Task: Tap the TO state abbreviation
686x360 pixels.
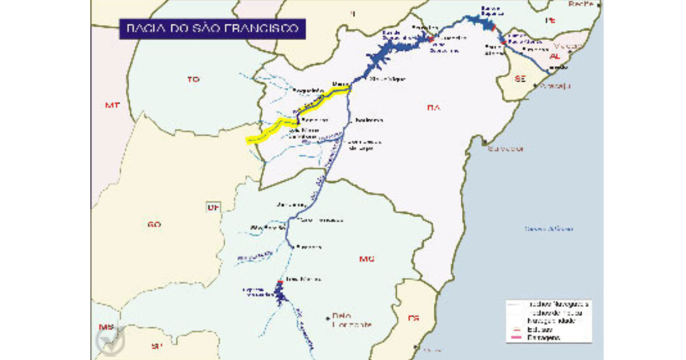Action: click(192, 80)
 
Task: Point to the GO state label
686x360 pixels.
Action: click(153, 225)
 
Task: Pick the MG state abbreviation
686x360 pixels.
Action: click(366, 259)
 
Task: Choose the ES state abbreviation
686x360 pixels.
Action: click(414, 318)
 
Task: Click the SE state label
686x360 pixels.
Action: click(520, 80)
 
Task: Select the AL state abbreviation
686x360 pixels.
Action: click(555, 57)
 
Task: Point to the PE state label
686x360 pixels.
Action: click(551, 20)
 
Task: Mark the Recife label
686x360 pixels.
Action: click(581, 4)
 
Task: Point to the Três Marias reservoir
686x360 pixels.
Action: click(279, 294)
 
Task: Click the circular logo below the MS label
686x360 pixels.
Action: click(109, 341)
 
